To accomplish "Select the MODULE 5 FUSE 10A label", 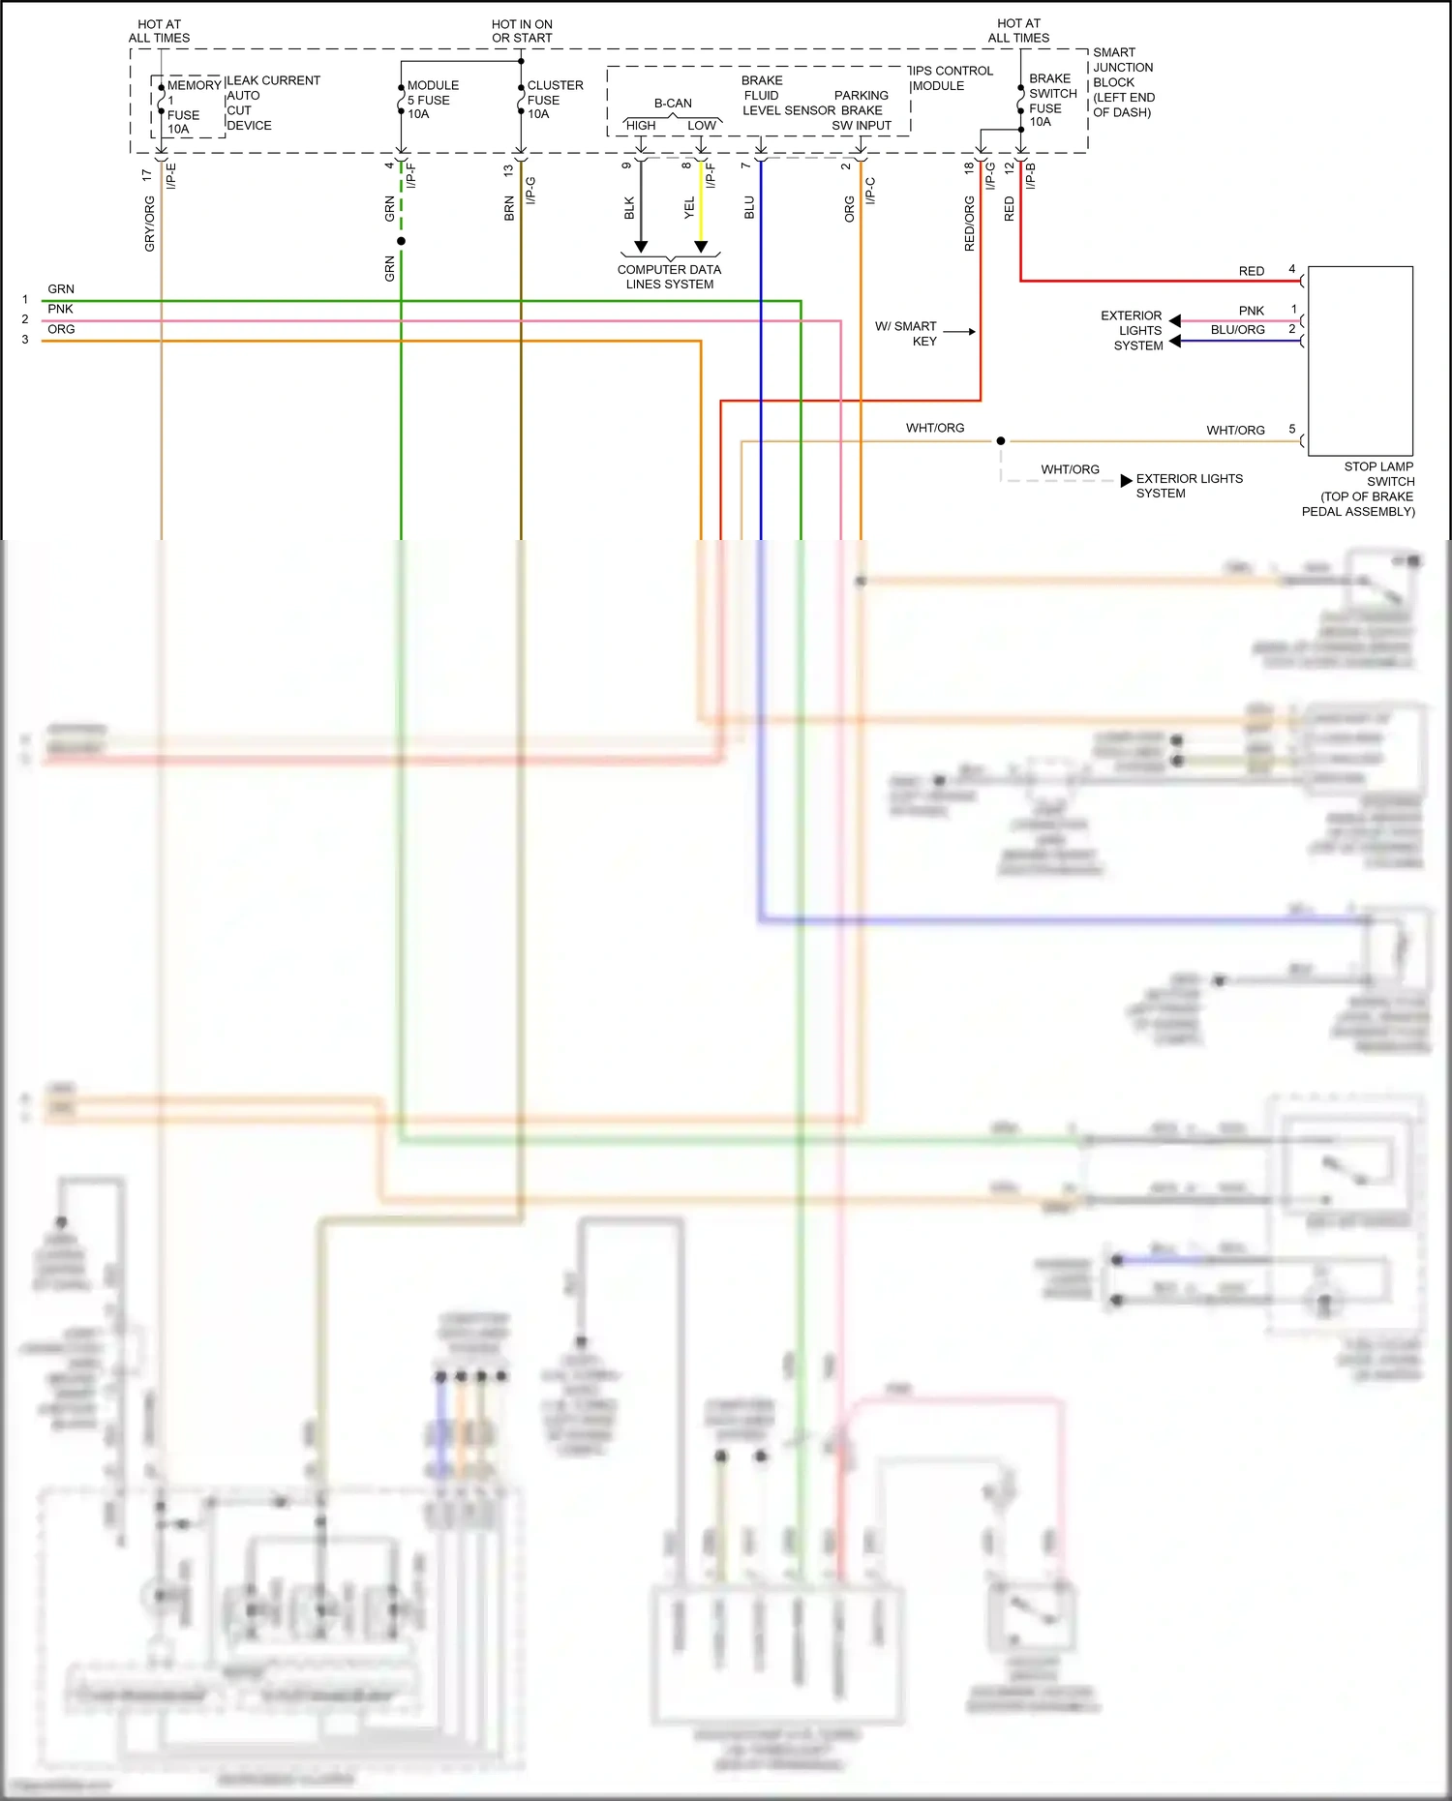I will click(432, 100).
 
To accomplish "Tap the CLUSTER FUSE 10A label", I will click(554, 100).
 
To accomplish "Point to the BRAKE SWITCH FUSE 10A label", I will click(1052, 100).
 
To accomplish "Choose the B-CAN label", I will click(673, 103).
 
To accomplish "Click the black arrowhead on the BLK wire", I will click(641, 247).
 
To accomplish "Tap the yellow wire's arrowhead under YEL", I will click(701, 247).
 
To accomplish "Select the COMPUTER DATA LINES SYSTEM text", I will click(670, 277).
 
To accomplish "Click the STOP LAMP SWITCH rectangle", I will click(1360, 361).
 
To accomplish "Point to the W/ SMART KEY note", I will click(907, 333).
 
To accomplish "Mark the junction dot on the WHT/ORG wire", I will click(1001, 441).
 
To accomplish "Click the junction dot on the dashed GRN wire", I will click(401, 241).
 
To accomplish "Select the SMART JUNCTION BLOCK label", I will click(1123, 82).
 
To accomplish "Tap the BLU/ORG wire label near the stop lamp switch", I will click(1237, 330).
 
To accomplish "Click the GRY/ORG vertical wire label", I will click(149, 224).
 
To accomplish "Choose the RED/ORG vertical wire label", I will click(969, 224).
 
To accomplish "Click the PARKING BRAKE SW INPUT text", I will click(861, 110).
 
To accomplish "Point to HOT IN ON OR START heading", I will click(522, 31).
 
